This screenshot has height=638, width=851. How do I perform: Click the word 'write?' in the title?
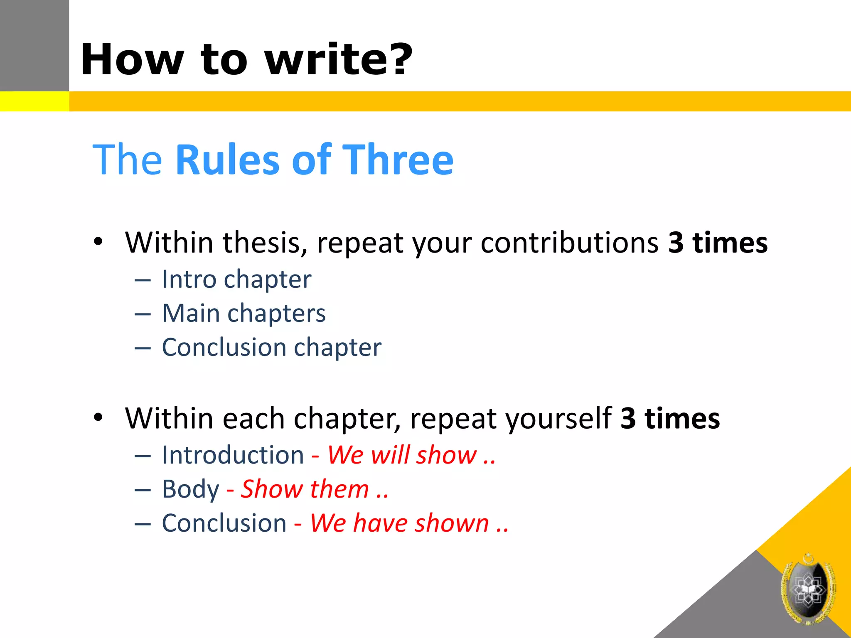(x=339, y=60)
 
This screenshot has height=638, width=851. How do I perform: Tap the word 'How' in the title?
(x=132, y=60)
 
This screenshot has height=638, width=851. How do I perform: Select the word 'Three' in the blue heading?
(x=399, y=160)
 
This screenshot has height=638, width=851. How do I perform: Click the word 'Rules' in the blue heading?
(x=228, y=160)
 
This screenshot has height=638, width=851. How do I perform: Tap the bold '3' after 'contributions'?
(x=676, y=243)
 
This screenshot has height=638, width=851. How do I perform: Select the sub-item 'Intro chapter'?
(x=236, y=279)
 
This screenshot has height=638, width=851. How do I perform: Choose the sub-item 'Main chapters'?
(x=244, y=313)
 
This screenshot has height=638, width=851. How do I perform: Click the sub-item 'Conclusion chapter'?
(x=271, y=347)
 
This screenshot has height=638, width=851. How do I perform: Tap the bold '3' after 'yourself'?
(x=628, y=418)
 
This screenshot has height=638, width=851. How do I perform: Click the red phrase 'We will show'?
(x=402, y=455)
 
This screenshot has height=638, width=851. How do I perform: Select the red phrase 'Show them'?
(x=305, y=489)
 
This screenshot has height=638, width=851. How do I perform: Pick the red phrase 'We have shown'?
(x=400, y=523)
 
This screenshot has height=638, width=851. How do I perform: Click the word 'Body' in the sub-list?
(x=191, y=489)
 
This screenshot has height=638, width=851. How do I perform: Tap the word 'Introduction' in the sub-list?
(x=233, y=455)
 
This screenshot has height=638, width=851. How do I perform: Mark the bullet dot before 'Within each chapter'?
(x=98, y=417)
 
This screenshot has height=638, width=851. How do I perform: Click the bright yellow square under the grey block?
(x=34, y=101)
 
